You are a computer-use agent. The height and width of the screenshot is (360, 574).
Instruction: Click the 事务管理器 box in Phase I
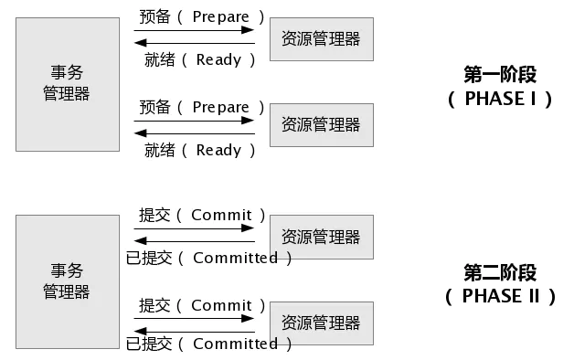[x=67, y=83]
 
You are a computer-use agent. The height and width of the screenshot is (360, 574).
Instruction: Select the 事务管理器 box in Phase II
[x=67, y=281]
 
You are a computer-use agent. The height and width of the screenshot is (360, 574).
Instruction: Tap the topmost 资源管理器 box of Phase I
[x=321, y=38]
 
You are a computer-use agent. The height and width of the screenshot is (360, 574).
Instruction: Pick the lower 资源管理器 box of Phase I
[x=321, y=124]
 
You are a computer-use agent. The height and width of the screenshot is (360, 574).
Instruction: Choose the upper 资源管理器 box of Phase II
[x=321, y=237]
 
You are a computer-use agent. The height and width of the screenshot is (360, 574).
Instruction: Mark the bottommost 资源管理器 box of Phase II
[x=321, y=323]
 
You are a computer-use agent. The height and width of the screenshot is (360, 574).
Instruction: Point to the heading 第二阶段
[x=500, y=272]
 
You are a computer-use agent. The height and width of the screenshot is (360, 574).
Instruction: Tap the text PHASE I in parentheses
[x=500, y=99]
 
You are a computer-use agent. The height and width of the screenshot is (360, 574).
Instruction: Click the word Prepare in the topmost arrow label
[x=220, y=16]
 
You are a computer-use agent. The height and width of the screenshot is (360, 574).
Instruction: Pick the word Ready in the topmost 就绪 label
[x=218, y=59]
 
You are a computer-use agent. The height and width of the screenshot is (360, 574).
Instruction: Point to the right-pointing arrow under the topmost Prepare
[x=194, y=30]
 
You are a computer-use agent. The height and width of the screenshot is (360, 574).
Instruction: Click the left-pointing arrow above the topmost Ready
[x=194, y=42]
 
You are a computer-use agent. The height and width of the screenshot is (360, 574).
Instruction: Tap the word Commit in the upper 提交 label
[x=221, y=216]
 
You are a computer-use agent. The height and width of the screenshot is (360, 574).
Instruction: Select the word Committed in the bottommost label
[x=235, y=344]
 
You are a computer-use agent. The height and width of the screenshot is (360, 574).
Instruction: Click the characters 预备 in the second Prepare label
[x=155, y=107]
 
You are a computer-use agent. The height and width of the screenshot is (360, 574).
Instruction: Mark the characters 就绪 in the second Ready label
[x=159, y=150]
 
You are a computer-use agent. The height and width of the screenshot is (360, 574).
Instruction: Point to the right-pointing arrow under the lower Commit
[x=194, y=319]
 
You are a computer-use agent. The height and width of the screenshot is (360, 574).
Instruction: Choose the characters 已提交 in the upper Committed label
[x=149, y=258]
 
